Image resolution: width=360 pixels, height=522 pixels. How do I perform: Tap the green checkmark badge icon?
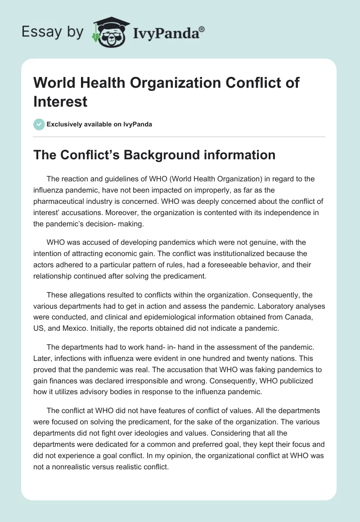coord(39,124)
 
